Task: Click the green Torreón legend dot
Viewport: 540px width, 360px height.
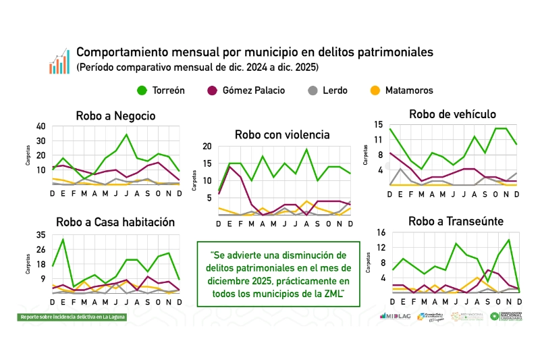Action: point(142,91)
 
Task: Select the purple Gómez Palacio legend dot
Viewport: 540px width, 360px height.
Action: point(213,91)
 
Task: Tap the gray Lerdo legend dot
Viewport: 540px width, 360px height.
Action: point(313,91)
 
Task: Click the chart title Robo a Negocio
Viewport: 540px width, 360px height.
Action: point(115,115)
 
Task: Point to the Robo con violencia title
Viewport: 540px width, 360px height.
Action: point(282,134)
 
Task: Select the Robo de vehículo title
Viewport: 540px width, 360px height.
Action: point(452,113)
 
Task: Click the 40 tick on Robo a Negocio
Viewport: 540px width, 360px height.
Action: point(41,126)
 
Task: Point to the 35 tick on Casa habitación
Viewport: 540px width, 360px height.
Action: point(41,235)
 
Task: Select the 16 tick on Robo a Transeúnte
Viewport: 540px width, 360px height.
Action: point(380,233)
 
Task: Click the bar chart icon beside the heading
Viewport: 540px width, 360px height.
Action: point(59,61)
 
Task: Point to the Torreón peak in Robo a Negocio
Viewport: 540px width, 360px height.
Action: point(126,134)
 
